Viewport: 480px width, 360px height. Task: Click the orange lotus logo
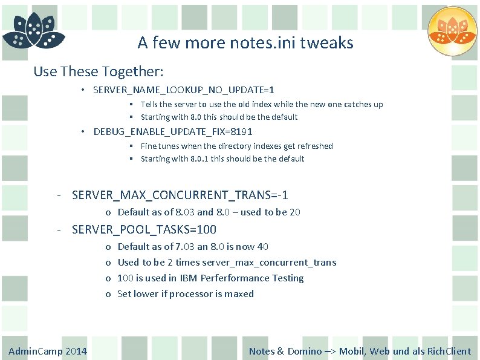click(452, 32)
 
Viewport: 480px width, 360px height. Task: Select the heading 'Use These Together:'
click(99, 71)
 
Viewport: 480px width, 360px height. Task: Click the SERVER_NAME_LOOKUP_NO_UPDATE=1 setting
click(184, 90)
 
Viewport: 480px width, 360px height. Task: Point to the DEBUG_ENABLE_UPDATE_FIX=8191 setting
click(173, 131)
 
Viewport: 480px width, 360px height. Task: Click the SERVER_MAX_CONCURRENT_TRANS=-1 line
click(180, 195)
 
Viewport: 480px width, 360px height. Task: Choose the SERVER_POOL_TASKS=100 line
click(144, 229)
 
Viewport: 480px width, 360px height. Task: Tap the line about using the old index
click(262, 104)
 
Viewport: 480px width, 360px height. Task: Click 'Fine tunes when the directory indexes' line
click(236, 146)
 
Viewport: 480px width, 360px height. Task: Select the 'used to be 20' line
click(209, 212)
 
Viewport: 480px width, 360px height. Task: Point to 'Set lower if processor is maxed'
click(186, 294)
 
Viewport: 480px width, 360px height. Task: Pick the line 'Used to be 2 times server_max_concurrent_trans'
click(227, 263)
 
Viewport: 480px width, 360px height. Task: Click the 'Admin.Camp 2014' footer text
click(48, 351)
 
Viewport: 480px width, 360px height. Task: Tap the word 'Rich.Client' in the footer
click(449, 351)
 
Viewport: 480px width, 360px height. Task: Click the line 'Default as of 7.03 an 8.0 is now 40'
click(193, 246)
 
